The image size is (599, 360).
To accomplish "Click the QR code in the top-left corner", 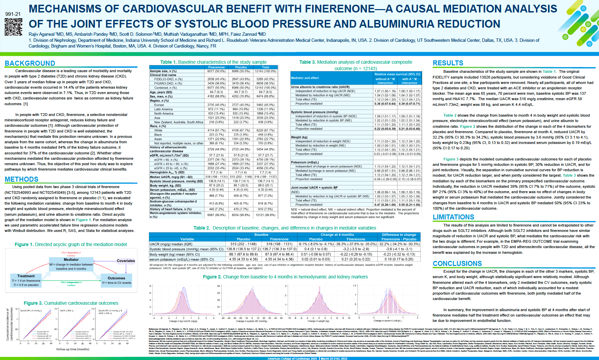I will tap(13, 27).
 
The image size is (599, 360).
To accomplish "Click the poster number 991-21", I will tap(13, 14).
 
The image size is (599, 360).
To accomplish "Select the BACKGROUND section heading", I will tap(30, 63).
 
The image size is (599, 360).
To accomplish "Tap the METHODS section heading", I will tap(22, 179).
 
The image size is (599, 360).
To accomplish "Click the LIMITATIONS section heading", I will tap(453, 217).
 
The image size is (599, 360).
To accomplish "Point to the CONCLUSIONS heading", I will tap(457, 264).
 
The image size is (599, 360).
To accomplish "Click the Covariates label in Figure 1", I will tap(126, 261).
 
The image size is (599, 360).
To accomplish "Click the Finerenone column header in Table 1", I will tap(216, 67).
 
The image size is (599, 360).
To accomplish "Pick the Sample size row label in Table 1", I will tap(163, 71).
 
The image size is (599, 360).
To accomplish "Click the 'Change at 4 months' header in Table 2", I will tap(337, 235).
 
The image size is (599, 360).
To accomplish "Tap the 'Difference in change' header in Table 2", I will tap(399, 235).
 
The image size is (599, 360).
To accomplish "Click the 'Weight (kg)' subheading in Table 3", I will tap(299, 137).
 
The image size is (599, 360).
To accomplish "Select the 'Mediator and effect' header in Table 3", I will tap(305, 78).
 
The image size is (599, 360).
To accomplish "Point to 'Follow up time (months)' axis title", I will tap(73, 349).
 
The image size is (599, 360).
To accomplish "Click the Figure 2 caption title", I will tap(285, 277).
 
